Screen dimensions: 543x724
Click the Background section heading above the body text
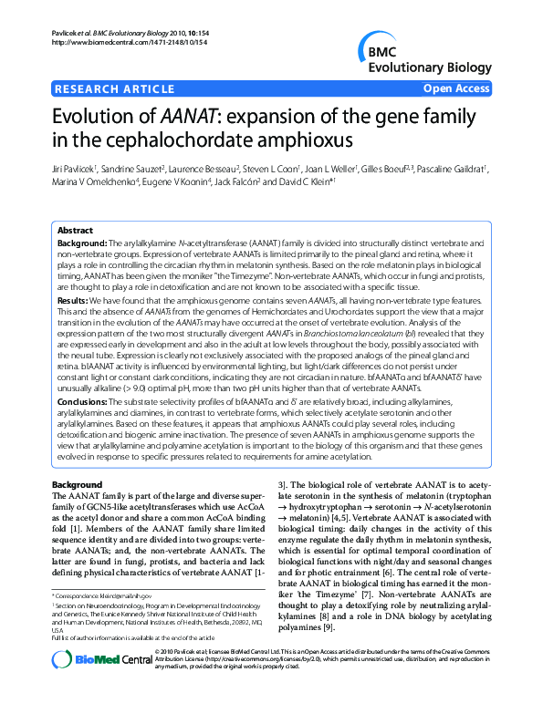77,483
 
